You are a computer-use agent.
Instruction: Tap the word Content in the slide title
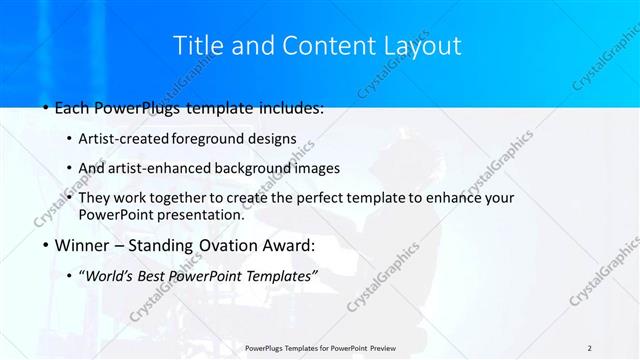[321, 45]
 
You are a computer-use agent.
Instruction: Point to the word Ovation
[235, 245]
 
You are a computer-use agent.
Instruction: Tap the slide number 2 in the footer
[589, 347]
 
